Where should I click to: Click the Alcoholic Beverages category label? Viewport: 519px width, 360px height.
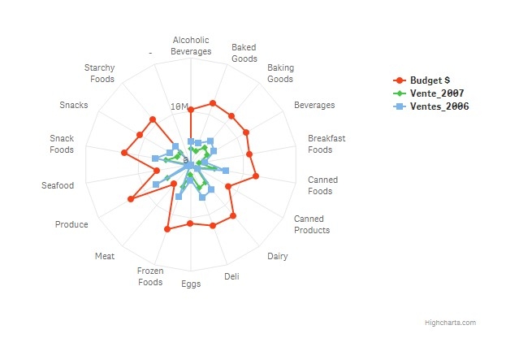click(191, 46)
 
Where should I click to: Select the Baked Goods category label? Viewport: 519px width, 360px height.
click(244, 53)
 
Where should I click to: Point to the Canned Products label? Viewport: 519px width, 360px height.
click(312, 224)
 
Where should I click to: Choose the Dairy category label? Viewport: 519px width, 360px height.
click(278, 257)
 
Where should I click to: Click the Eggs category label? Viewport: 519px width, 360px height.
click(191, 284)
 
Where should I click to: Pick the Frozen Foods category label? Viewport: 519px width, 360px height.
click(150, 276)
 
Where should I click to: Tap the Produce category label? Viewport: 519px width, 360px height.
click(71, 224)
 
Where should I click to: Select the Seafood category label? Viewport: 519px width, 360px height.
click(58, 186)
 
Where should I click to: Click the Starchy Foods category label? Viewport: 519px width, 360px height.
click(100, 73)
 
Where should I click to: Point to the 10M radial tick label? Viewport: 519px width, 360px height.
click(179, 106)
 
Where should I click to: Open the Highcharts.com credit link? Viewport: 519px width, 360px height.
click(450, 323)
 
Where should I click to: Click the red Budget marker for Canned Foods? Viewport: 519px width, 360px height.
click(255, 176)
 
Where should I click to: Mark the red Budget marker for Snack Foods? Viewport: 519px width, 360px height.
click(124, 153)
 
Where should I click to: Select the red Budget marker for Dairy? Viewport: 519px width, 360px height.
click(233, 215)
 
